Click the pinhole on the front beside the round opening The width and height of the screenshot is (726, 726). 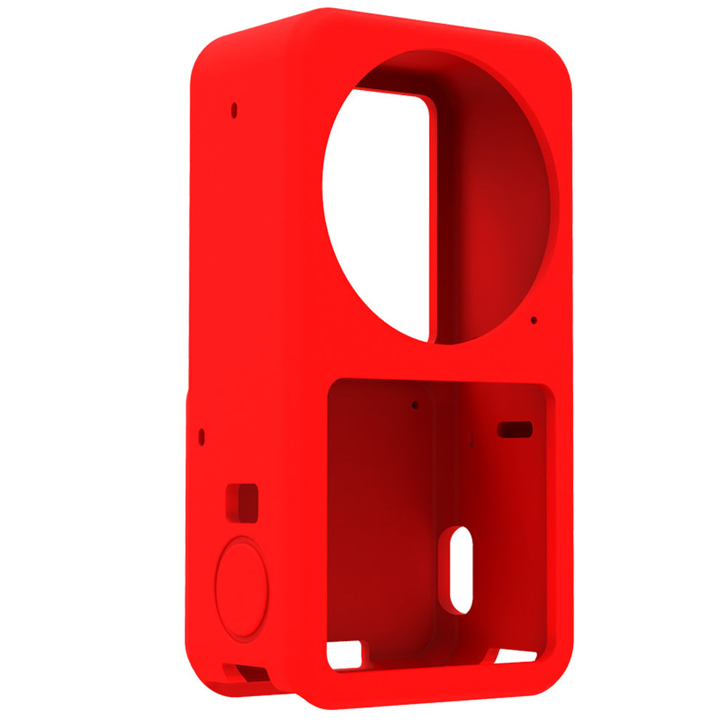tap(534, 319)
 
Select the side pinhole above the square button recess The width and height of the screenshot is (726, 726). tap(202, 436)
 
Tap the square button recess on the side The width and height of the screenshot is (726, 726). tap(242, 502)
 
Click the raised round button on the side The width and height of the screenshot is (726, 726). tap(242, 588)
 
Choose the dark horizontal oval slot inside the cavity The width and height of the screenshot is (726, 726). tap(514, 429)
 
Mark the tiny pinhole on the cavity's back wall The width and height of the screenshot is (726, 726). tap(415, 404)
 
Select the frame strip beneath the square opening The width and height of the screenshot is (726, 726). tap(436, 679)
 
